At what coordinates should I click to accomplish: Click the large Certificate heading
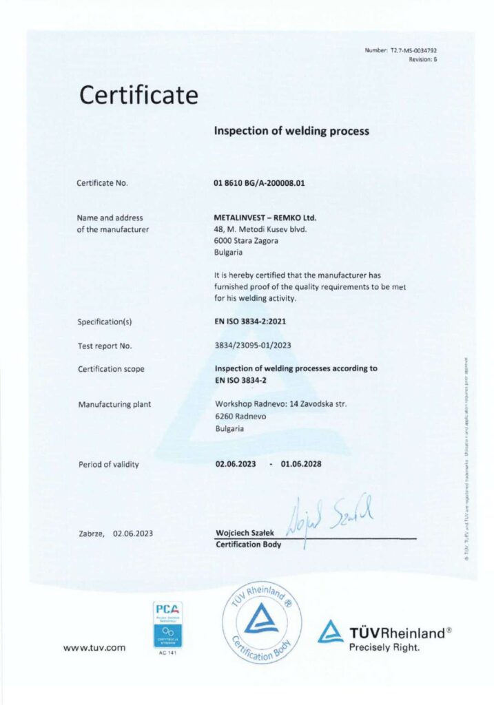(x=138, y=94)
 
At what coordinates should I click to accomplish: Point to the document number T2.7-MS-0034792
(x=410, y=51)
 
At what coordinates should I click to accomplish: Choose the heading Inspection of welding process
(x=292, y=130)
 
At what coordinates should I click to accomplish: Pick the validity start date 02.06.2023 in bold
(x=236, y=464)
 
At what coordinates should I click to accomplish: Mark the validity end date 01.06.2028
(x=301, y=464)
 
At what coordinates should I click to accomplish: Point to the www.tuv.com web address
(x=94, y=647)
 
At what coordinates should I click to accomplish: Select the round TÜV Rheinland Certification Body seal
(x=262, y=622)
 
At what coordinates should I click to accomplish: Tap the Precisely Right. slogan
(x=384, y=647)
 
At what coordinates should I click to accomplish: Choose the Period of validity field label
(x=108, y=465)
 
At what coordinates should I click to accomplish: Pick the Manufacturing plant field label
(x=114, y=404)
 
